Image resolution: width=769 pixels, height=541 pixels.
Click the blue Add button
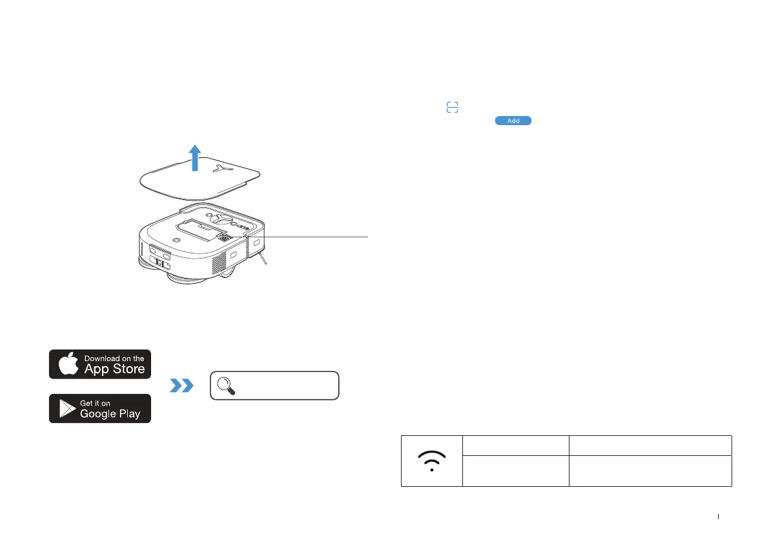pos(513,121)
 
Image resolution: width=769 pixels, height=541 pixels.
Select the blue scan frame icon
pos(453,108)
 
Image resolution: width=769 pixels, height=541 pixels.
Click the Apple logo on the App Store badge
pos(68,364)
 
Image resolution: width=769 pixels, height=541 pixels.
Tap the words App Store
pos(114,369)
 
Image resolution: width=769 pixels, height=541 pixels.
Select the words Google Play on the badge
pos(110,414)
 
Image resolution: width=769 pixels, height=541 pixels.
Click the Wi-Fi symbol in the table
pos(431,461)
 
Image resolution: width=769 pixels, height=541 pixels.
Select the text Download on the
pos(114,359)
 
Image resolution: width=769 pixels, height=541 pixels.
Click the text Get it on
pos(95,403)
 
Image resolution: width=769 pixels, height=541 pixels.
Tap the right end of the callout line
pos(367,237)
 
